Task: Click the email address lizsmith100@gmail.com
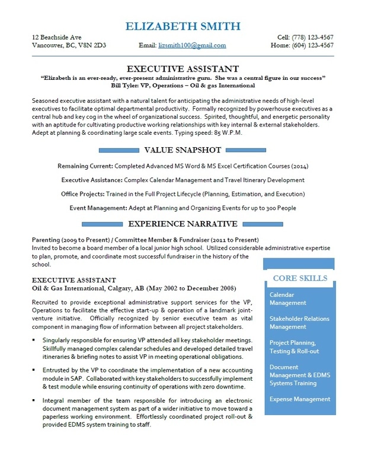point(193,45)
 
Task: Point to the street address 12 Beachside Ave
point(57,37)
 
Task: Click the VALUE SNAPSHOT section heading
point(182,150)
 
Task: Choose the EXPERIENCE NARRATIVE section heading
point(182,224)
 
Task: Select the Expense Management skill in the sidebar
point(299,400)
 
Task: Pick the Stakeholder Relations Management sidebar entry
point(299,322)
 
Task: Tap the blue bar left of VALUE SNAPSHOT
point(107,150)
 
